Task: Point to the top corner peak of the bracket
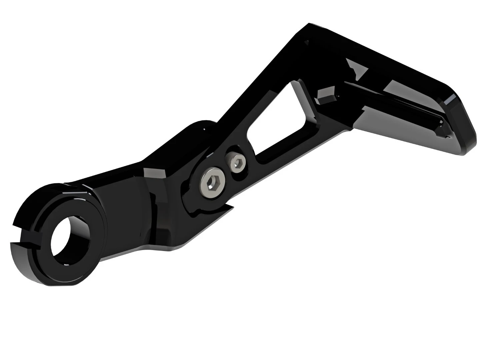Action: click(309, 24)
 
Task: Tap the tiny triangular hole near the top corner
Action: click(307, 42)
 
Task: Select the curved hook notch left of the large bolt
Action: click(192, 208)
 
